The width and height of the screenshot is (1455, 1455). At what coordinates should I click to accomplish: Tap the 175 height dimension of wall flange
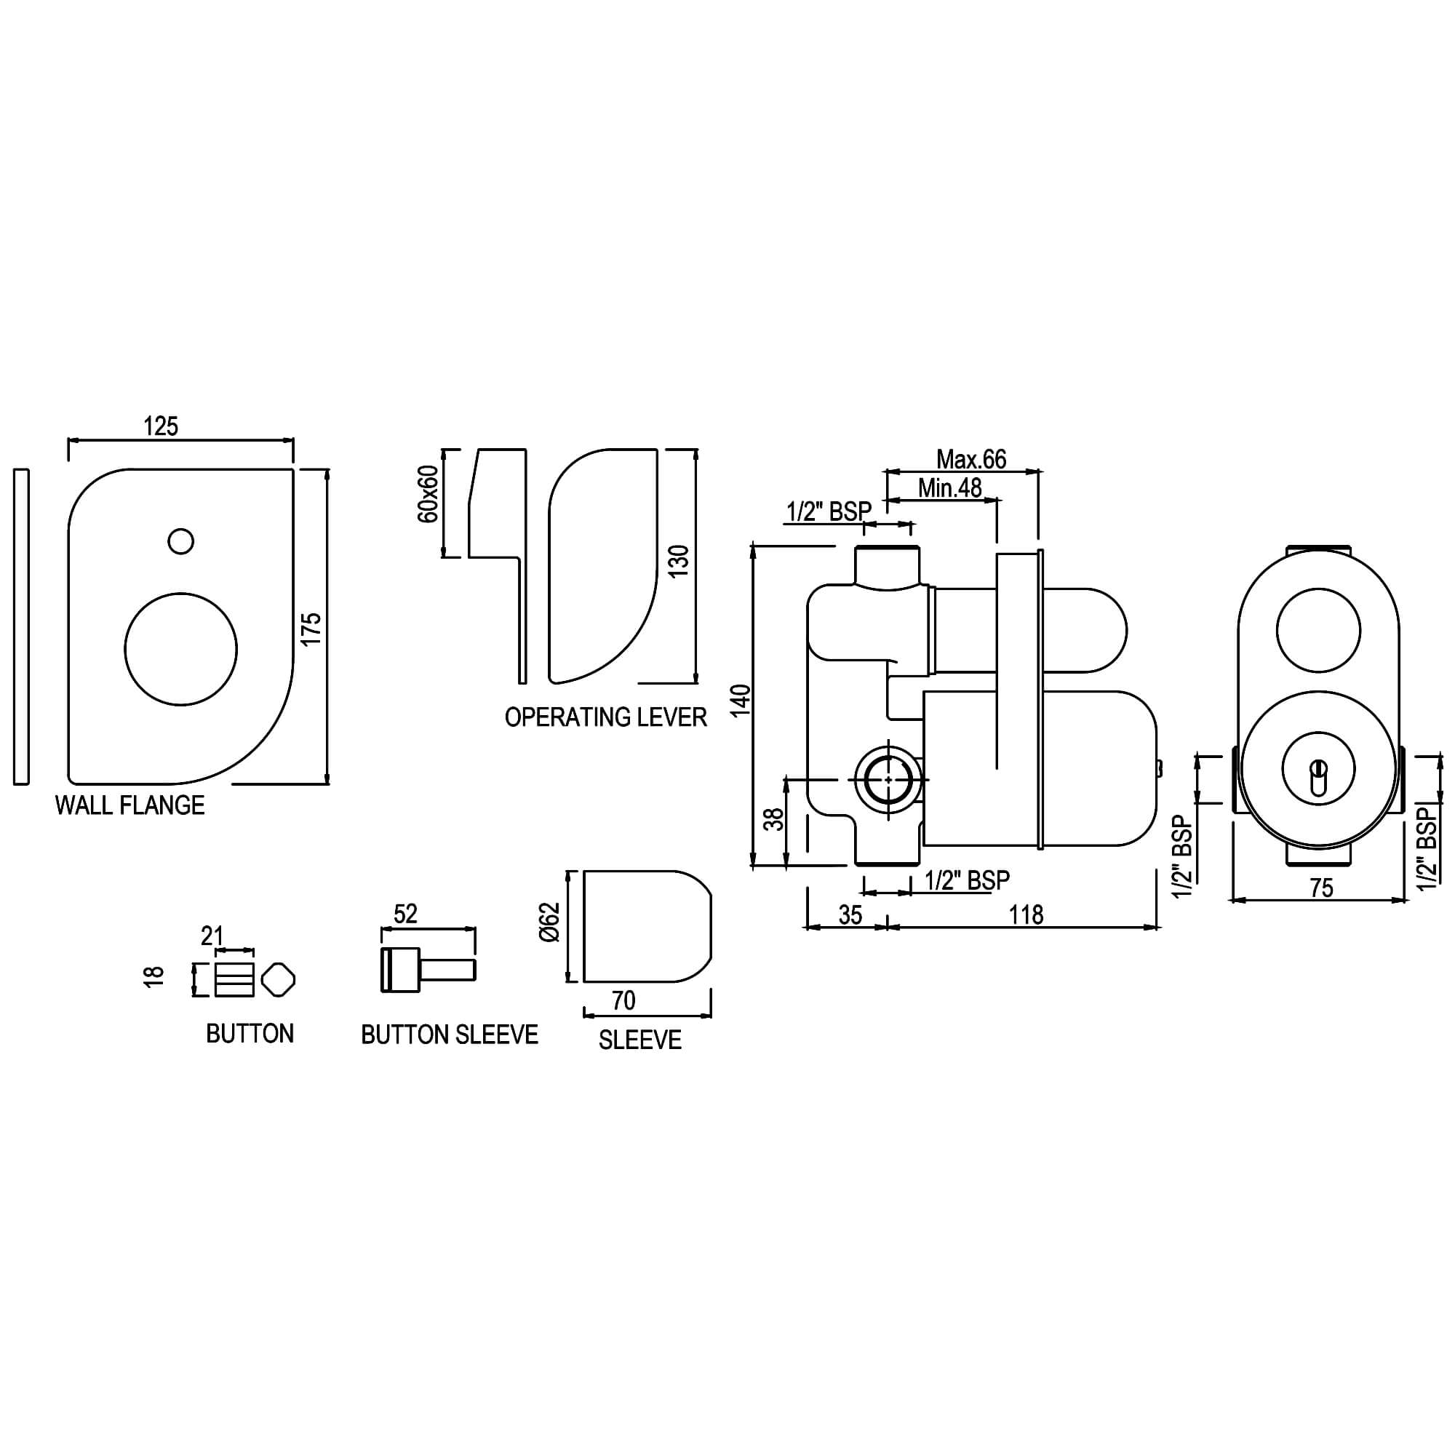pos(312,628)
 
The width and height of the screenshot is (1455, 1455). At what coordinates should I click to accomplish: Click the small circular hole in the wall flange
pos(180,541)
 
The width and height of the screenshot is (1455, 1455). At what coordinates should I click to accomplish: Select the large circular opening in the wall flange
pos(180,649)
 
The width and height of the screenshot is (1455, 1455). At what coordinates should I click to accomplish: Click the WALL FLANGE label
pos(129,806)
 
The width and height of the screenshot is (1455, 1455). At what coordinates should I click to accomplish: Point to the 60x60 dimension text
pos(427,494)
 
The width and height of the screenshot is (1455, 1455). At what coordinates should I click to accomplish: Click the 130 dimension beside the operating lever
pos(679,561)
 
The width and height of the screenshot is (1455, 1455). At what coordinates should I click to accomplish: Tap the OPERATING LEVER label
pos(605,717)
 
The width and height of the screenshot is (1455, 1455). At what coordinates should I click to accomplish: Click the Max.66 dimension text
pos(970,458)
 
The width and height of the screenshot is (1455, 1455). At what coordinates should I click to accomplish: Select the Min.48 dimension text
pos(949,488)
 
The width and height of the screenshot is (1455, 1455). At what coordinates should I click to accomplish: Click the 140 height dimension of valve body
pos(742,700)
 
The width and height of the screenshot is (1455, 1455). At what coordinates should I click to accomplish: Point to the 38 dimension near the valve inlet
pos(774,818)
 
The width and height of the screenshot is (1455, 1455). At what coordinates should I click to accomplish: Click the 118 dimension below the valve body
pos(1026,915)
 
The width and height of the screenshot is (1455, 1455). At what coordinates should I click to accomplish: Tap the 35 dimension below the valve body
pos(850,915)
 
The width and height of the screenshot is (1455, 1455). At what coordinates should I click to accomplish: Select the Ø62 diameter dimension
pos(550,922)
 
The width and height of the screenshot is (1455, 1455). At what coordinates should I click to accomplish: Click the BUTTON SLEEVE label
pos(450,1035)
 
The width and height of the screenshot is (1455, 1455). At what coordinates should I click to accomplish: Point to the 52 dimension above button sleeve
pos(405,914)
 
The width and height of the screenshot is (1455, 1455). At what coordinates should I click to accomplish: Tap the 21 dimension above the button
pos(212,936)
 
